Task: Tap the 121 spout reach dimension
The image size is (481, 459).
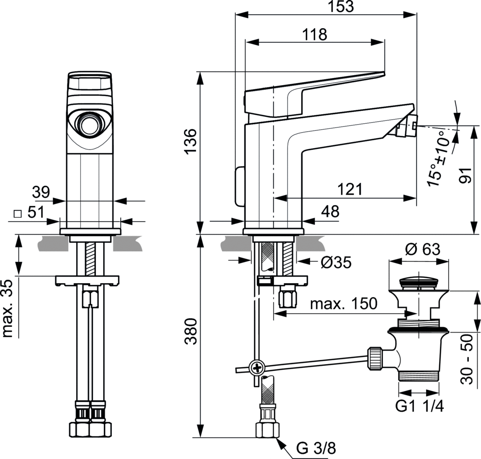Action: click(x=350, y=190)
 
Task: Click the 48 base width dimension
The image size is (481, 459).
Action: click(x=330, y=212)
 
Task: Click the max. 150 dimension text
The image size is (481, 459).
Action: click(x=343, y=304)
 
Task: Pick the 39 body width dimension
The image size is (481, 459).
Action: click(x=41, y=192)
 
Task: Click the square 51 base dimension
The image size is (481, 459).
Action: click(x=32, y=213)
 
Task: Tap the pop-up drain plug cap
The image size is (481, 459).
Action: click(x=418, y=284)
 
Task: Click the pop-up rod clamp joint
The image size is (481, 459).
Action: click(x=257, y=367)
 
